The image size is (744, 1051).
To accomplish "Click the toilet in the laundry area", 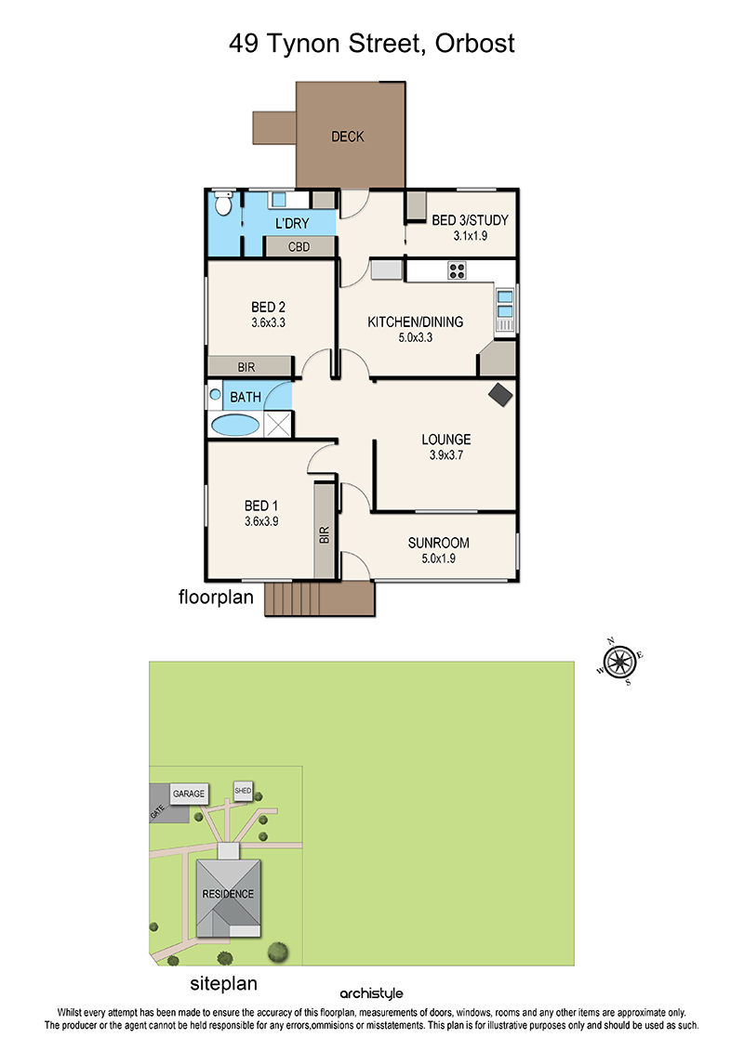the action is tap(223, 204).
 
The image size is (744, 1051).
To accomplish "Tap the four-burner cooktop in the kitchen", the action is tap(457, 270).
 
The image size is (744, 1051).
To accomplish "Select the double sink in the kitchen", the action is tap(504, 304).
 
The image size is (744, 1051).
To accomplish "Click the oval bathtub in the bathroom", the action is tap(234, 425).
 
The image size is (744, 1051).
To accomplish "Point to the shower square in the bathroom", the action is tap(278, 425).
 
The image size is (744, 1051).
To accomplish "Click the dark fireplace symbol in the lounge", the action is tap(499, 394).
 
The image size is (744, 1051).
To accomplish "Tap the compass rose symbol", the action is tap(619, 662).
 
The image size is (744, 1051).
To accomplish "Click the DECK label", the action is tap(348, 137).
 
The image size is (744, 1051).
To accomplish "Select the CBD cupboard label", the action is tap(299, 246).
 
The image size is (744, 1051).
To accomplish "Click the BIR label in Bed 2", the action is tap(246, 367).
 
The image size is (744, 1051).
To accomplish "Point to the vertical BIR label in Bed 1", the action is tap(324, 535).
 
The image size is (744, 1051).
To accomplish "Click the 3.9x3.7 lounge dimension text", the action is tap(446, 455).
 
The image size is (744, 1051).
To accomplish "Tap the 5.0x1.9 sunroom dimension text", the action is tap(438, 558).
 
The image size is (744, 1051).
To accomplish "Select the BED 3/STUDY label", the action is tap(470, 220).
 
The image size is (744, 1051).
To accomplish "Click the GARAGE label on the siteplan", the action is tap(189, 794).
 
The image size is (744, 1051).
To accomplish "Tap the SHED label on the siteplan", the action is tap(243, 791).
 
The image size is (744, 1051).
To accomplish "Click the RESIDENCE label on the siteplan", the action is tap(228, 894).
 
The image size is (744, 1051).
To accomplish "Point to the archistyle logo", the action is tap(372, 993).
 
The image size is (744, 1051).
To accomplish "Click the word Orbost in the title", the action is tap(475, 44).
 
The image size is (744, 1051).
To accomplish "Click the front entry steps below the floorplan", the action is tap(319, 598).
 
